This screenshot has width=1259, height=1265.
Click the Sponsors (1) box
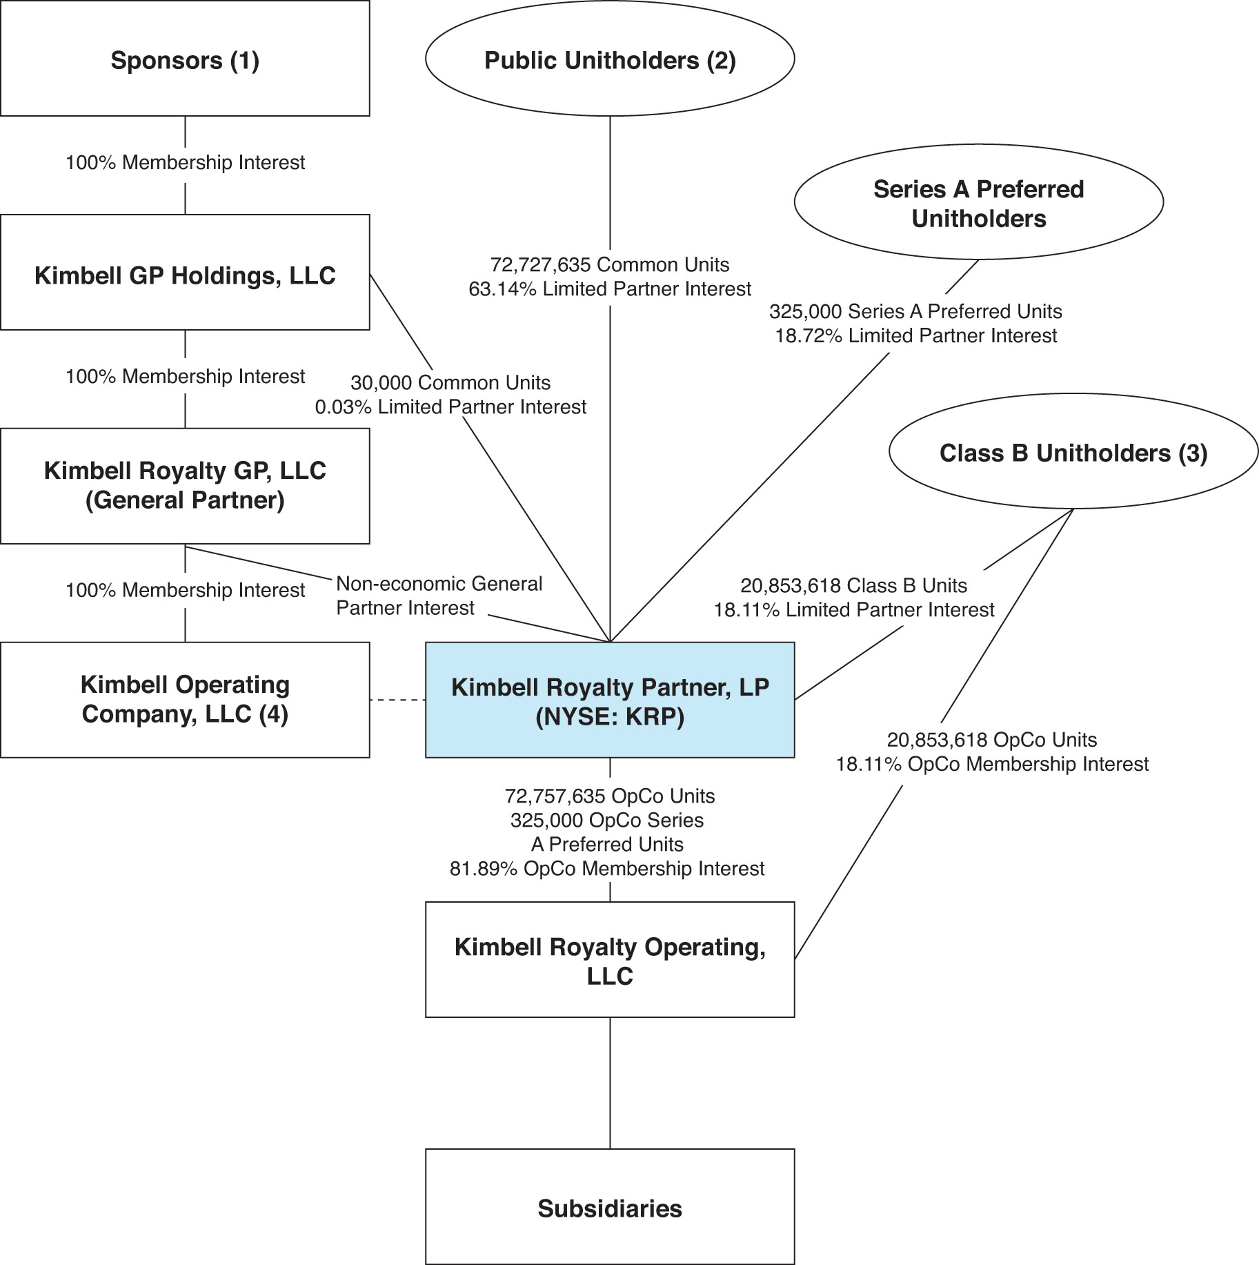click(185, 59)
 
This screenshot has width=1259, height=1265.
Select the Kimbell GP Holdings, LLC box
click(185, 273)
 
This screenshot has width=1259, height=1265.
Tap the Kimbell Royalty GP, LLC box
click(185, 486)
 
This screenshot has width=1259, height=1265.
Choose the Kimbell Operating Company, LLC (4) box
click(185, 700)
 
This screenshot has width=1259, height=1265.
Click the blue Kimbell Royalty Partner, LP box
click(610, 700)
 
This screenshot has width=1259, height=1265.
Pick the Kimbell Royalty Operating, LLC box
click(610, 959)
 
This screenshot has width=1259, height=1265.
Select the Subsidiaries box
click(610, 1206)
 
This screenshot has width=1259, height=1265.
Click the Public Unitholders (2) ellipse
click(610, 59)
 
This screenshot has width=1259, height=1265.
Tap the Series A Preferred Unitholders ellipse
click(978, 203)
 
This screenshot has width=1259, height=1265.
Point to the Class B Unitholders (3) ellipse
click(1073, 453)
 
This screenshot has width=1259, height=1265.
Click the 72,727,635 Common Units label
click(610, 264)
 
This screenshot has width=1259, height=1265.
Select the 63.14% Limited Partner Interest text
click(610, 289)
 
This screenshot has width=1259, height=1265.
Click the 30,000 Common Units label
click(450, 382)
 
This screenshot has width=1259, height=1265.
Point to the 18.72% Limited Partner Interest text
click(916, 336)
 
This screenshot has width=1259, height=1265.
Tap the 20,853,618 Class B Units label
click(854, 585)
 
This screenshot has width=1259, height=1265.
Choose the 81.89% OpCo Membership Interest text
click(607, 868)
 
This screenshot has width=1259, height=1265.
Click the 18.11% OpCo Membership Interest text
click(992, 764)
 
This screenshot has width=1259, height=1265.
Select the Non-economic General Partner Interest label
click(439, 596)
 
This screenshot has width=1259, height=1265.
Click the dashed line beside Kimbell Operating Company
click(397, 700)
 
